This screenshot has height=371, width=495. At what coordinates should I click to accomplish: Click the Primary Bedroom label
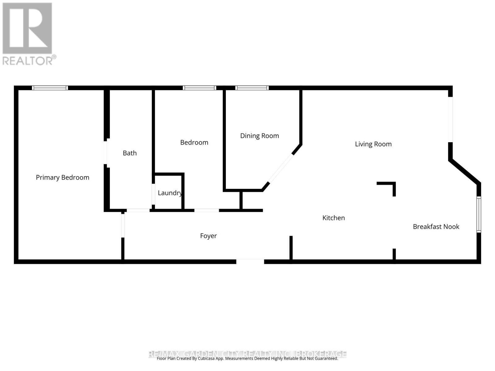pos(62,177)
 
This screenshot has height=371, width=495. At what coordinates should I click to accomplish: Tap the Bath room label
pos(130,153)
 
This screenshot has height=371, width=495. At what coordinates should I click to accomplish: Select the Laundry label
pos(170,193)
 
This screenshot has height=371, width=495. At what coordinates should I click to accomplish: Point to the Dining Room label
pos(260,136)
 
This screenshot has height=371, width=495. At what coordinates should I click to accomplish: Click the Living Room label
pos(373,144)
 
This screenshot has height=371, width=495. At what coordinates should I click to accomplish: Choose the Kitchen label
pos(334,218)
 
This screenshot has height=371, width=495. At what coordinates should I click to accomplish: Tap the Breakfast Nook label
pos(436,227)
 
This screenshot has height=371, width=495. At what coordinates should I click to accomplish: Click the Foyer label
pos(208,236)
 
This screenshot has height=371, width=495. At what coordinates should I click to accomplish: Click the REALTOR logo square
pos(27,28)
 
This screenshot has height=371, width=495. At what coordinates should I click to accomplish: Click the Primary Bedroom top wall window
pos(50,88)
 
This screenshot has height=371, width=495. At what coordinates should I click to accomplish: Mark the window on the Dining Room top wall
pos(252,88)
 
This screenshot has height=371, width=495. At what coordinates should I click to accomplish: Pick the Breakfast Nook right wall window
pos(479,214)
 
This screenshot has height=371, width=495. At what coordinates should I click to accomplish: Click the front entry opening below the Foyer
pos(250,262)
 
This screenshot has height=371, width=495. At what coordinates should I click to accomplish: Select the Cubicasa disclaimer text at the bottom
pos(247,359)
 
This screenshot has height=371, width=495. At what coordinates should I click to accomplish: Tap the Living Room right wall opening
pos(450,120)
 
